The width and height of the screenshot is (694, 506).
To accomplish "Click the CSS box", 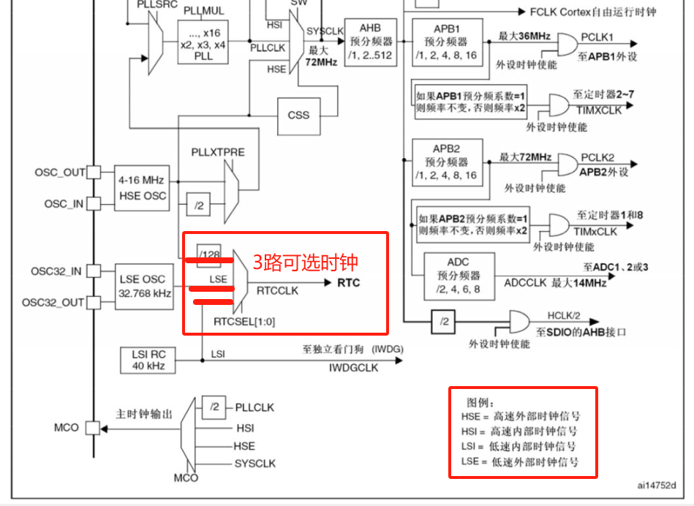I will pyautogui.click(x=298, y=115).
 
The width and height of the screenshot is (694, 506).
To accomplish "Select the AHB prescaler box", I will pyautogui.click(x=370, y=42).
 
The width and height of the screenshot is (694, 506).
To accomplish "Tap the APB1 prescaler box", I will pyautogui.click(x=446, y=42).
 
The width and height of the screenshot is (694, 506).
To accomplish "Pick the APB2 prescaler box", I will pyautogui.click(x=446, y=162).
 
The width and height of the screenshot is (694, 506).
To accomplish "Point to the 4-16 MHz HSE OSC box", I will pyautogui.click(x=143, y=188).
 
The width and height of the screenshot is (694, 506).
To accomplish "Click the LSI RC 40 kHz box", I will pyautogui.click(x=148, y=360).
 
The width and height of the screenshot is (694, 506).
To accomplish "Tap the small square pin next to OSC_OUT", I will pyautogui.click(x=94, y=173).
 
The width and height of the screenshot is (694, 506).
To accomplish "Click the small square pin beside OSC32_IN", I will pyautogui.click(x=94, y=271).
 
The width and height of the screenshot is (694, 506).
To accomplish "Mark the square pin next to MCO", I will pyautogui.click(x=94, y=427).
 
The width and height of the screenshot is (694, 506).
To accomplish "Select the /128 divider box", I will pyautogui.click(x=209, y=254).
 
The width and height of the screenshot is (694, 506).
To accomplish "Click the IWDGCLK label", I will pyautogui.click(x=353, y=368).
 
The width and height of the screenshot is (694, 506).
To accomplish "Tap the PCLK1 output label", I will pyautogui.click(x=597, y=37).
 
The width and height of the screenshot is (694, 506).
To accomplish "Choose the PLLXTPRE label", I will pyautogui.click(x=218, y=152).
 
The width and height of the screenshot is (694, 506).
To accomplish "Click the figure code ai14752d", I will pyautogui.click(x=655, y=485).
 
